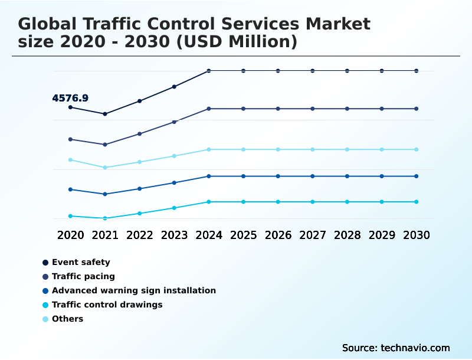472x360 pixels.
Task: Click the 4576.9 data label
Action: click(70, 99)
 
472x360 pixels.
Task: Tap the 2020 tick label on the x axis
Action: click(70, 235)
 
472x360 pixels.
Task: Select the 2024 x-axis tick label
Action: click(209, 235)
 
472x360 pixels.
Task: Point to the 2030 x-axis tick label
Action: click(417, 235)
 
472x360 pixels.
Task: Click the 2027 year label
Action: click(313, 235)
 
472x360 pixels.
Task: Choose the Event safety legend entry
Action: click(81, 262)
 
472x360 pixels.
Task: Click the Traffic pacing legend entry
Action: click(83, 276)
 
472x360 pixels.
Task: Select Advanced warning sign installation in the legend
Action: click(133, 290)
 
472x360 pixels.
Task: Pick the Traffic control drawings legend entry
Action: click(107, 305)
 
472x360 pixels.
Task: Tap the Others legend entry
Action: click(67, 319)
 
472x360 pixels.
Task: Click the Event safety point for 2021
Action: click(105, 114)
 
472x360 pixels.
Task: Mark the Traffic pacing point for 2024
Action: click(209, 109)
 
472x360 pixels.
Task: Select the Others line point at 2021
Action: click(105, 168)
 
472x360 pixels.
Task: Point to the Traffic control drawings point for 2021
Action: click(105, 218)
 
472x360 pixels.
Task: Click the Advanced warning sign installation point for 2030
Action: click(417, 176)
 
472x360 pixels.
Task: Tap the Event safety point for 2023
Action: click(174, 87)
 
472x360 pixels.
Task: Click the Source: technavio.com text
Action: click(396, 348)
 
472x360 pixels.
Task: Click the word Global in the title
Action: click(48, 24)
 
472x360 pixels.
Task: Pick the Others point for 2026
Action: click(278, 149)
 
